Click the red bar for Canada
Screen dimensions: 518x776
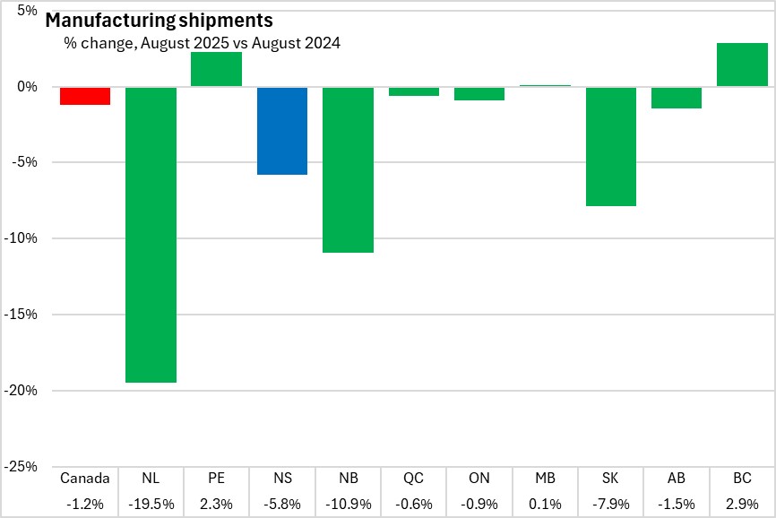[85, 96]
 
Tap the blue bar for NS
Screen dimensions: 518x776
[282, 131]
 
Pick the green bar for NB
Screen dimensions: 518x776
[348, 169]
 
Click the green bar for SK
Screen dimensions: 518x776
[611, 147]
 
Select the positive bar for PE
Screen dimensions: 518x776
[216, 70]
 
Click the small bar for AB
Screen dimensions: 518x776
[677, 98]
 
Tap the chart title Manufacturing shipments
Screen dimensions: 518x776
[159, 20]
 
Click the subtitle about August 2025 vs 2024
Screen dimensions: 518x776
[202, 42]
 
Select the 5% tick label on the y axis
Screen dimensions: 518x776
[26, 11]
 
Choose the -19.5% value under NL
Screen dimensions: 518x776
[151, 505]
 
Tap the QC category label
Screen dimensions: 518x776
[413, 479]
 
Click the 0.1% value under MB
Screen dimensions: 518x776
[545, 505]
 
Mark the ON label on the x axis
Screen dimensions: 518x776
[479, 479]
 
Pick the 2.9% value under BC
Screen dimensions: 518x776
[742, 505]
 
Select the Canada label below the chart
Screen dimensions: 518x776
[85, 479]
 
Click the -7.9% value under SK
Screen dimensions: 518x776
[611, 505]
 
